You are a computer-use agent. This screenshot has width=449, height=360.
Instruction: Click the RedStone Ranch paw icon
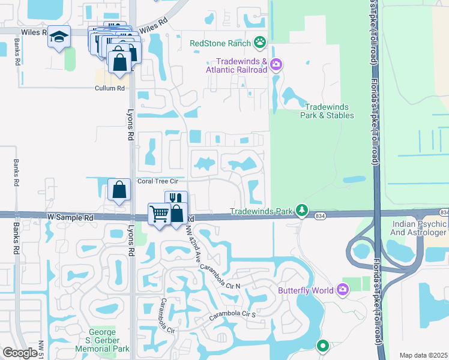[x=260, y=43]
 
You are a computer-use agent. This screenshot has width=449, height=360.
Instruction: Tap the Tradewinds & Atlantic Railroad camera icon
[x=276, y=64]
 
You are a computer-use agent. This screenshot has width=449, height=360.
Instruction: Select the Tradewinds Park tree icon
[x=302, y=210]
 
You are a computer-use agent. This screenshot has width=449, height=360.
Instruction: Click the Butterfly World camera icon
[x=342, y=290]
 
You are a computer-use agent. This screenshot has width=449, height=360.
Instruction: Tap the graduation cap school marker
[x=59, y=37]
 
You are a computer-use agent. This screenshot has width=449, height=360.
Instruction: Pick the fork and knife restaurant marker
[x=176, y=200]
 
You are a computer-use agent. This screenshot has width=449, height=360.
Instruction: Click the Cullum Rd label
[x=109, y=88]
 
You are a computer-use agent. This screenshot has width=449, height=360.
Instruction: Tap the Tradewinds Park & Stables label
[x=328, y=110]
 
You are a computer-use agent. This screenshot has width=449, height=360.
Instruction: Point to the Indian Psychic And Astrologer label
[x=419, y=227]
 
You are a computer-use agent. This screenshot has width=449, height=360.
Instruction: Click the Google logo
[x=20, y=353]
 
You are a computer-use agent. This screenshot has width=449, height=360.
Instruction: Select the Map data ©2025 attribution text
[x=423, y=355]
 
